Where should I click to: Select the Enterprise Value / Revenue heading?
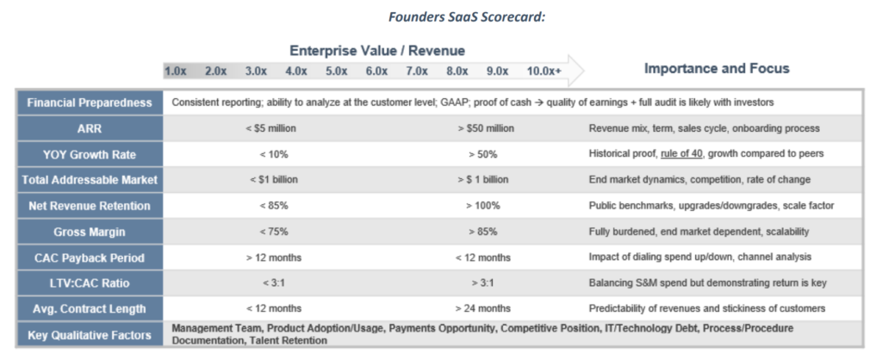pyautogui.click(x=376, y=51)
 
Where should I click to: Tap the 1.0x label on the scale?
pyautogui.click(x=176, y=71)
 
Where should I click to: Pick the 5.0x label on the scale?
pyautogui.click(x=336, y=71)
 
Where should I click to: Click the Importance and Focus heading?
pyautogui.click(x=717, y=68)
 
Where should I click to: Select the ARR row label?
pyautogui.click(x=89, y=128)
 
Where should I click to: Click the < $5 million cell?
pyautogui.click(x=271, y=128)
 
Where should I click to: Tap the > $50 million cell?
pyautogui.click(x=486, y=128)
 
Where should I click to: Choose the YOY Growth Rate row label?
pyautogui.click(x=89, y=154)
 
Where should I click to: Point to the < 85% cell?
pyautogui.click(x=271, y=206)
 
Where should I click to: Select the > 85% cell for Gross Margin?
pyautogui.click(x=486, y=232)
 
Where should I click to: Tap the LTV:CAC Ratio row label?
pyautogui.click(x=89, y=282)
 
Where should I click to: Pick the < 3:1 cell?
pyautogui.click(x=271, y=282)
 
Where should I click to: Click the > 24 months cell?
pyautogui.click(x=486, y=308)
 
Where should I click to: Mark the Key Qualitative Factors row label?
pyautogui.click(x=89, y=334)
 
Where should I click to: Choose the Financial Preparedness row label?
pyautogui.click(x=89, y=102)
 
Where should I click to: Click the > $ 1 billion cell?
pyautogui.click(x=486, y=180)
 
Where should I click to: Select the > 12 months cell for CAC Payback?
pyautogui.click(x=271, y=257)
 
